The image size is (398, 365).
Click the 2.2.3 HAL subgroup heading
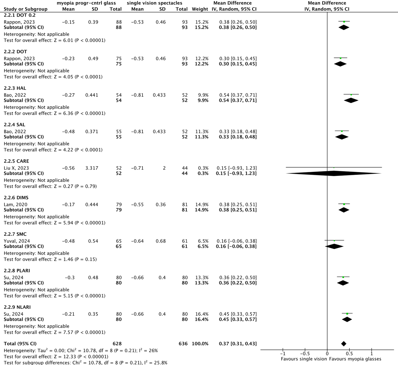tap(15, 88)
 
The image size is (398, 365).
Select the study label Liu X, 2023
tap(16, 168)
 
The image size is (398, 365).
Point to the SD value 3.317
tap(92, 168)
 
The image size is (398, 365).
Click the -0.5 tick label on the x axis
tap(305, 354)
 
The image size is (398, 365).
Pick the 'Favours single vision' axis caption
tap(304, 359)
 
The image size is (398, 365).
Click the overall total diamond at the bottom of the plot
tap(344, 344)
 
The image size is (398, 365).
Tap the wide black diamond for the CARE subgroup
tap(334, 173)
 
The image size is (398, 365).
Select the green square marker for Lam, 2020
tap(344, 204)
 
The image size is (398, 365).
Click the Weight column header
tap(200, 9)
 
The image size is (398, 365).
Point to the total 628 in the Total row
tap(117, 344)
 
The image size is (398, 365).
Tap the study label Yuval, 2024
tap(17, 241)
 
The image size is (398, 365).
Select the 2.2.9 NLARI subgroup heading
tap(17, 307)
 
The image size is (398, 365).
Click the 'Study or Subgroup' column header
tap(26, 9)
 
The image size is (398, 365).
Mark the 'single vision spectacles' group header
tap(154, 3)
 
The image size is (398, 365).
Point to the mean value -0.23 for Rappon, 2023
tap(68, 59)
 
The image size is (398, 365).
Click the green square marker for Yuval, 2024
tap(334, 241)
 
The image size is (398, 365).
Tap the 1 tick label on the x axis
tap(372, 354)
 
